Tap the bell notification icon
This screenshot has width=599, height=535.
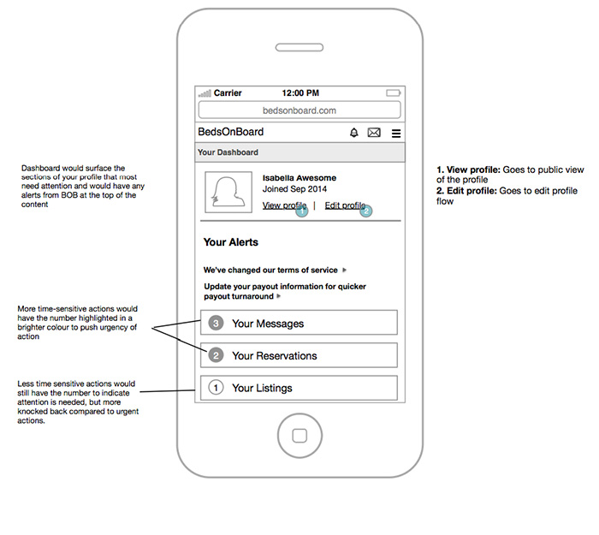pyautogui.click(x=354, y=133)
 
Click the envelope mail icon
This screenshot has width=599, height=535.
pyautogui.click(x=374, y=133)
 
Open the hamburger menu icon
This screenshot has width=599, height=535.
pyautogui.click(x=396, y=134)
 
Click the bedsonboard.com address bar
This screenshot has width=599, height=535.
pyautogui.click(x=299, y=110)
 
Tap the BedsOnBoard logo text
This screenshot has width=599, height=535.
pyautogui.click(x=231, y=132)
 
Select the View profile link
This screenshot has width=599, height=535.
pyautogui.click(x=283, y=205)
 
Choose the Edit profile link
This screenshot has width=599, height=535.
pyautogui.click(x=344, y=205)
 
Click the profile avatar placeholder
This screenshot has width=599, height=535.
pyautogui.click(x=228, y=192)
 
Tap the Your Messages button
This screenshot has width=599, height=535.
pyautogui.click(x=299, y=324)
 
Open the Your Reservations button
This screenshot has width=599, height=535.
pyautogui.click(x=299, y=355)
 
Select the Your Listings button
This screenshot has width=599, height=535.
pyautogui.click(x=299, y=388)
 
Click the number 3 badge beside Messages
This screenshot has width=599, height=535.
pyautogui.click(x=216, y=324)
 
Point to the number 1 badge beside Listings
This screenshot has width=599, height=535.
pyautogui.click(x=216, y=388)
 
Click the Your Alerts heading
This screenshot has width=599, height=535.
pyautogui.click(x=231, y=242)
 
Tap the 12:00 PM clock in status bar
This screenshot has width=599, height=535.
pyautogui.click(x=299, y=92)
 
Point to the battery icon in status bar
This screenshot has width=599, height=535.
pyautogui.click(x=393, y=92)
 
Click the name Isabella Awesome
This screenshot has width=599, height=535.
pyautogui.click(x=299, y=178)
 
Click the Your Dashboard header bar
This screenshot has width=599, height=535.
pyautogui.click(x=299, y=152)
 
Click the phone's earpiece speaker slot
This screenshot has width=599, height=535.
pyautogui.click(x=299, y=49)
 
